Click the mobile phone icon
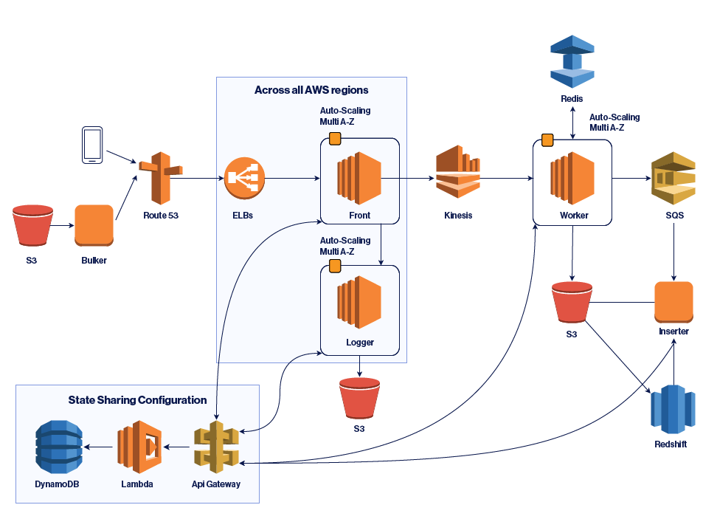[92, 145]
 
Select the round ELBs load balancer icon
[244, 179]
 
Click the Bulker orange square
[94, 225]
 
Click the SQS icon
[673, 179]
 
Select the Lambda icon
[139, 447]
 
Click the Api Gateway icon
[217, 446]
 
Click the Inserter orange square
[673, 301]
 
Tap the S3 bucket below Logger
[359, 399]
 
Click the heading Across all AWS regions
[311, 90]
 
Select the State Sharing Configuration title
[137, 400]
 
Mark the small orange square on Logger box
[334, 266]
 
